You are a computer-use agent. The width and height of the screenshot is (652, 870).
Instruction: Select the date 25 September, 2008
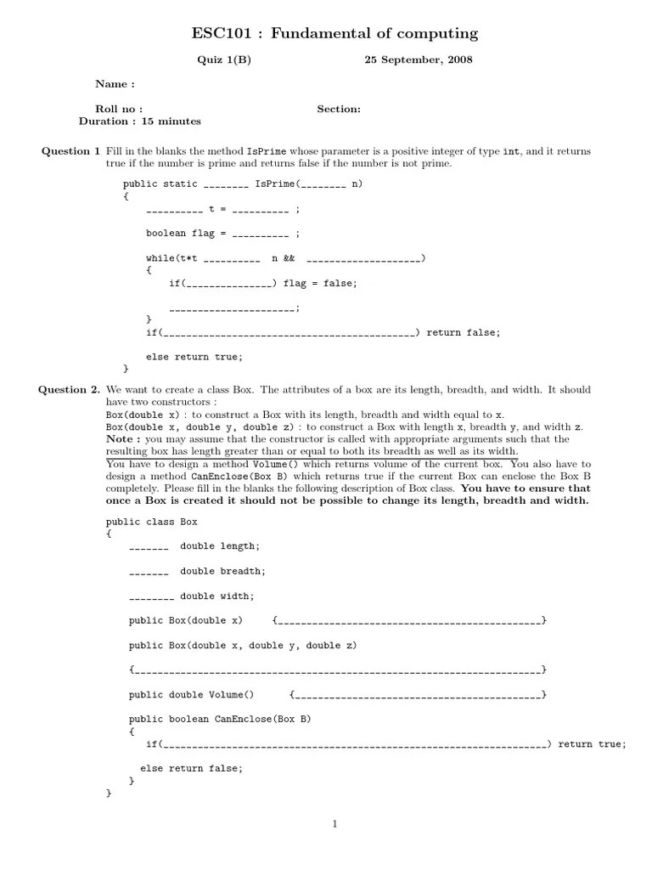click(419, 60)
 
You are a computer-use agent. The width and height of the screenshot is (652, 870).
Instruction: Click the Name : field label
click(115, 84)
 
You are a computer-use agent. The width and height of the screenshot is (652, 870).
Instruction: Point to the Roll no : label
click(119, 109)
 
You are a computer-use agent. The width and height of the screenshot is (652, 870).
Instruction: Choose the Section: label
click(339, 109)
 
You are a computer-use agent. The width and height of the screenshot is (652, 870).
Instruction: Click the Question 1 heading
click(70, 151)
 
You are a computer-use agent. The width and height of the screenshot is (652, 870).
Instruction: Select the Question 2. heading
click(69, 390)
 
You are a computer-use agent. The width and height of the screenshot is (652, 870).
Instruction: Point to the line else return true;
click(194, 357)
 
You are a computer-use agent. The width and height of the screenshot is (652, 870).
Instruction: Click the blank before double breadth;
click(149, 572)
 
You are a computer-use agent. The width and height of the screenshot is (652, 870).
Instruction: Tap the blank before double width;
click(151, 597)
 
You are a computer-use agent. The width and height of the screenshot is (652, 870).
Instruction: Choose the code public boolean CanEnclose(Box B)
click(220, 720)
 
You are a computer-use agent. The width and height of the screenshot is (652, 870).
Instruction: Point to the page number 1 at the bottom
click(335, 823)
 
